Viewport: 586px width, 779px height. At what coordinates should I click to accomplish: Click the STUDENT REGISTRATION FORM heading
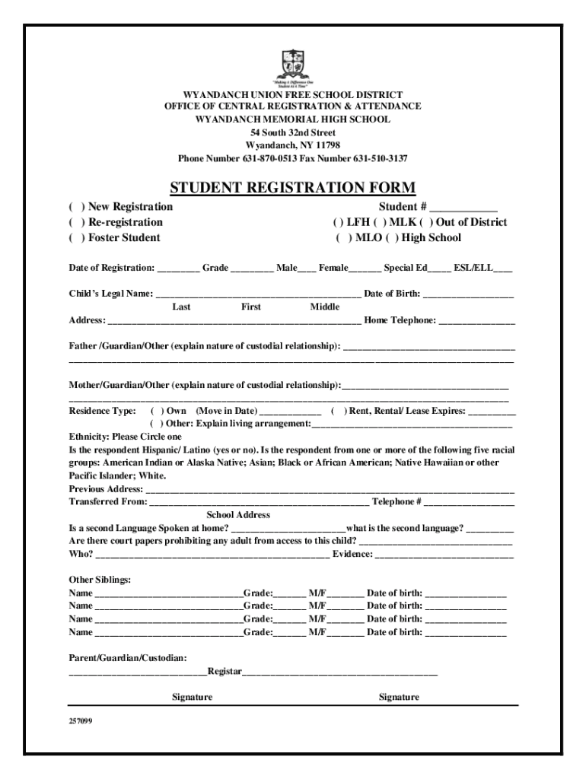292,188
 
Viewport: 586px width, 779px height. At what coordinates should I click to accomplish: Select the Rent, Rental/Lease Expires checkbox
339,411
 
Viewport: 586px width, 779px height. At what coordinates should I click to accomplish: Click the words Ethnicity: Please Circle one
126,437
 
